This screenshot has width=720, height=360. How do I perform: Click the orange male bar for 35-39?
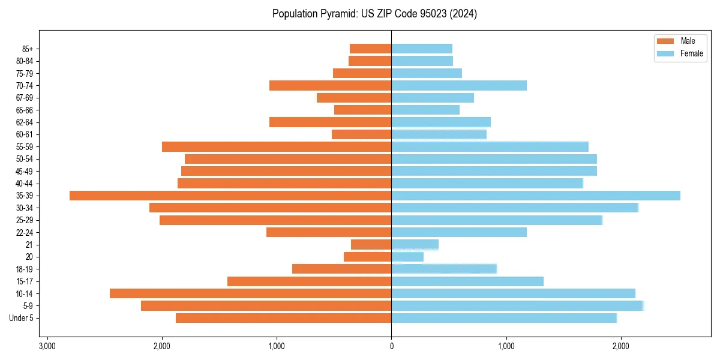coord(230,196)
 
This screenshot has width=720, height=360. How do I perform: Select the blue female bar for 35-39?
coord(536,196)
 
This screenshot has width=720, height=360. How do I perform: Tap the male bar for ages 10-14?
coord(250,293)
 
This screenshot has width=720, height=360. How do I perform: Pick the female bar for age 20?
coord(407,257)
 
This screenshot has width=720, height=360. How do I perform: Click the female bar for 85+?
coord(422,49)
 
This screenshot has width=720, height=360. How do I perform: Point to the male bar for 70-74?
coord(330,85)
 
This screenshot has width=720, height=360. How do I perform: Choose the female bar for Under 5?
coord(504,318)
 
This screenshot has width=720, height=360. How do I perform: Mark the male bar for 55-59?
coord(277,146)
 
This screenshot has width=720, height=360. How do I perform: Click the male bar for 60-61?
coord(361,134)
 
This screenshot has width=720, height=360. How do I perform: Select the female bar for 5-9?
coord(517,305)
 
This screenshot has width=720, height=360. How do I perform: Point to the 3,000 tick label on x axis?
coord(47,346)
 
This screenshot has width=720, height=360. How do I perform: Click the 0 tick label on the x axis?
coord(391,346)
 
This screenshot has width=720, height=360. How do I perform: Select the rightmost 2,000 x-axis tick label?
coord(621,346)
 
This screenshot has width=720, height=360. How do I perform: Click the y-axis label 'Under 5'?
coord(21,318)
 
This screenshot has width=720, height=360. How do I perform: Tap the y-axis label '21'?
coord(29,245)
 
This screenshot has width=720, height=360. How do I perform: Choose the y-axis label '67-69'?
coord(25,98)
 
